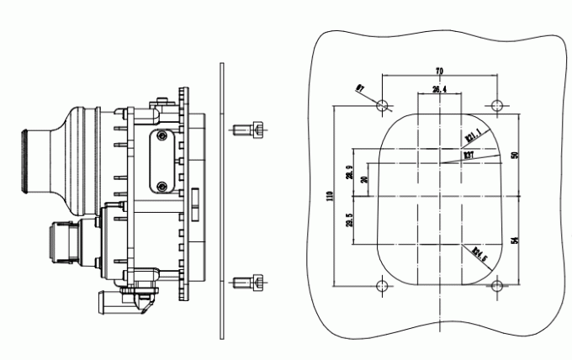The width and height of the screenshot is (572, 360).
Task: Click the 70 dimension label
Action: [x=439, y=71]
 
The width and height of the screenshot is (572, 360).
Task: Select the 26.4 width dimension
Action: [x=439, y=87]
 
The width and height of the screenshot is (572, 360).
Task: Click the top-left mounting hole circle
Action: [x=384, y=106]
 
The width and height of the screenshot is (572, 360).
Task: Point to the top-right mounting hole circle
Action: [x=497, y=106]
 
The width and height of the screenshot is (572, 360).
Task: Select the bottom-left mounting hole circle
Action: [x=384, y=287]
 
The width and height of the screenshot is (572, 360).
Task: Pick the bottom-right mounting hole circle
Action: [x=497, y=287]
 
